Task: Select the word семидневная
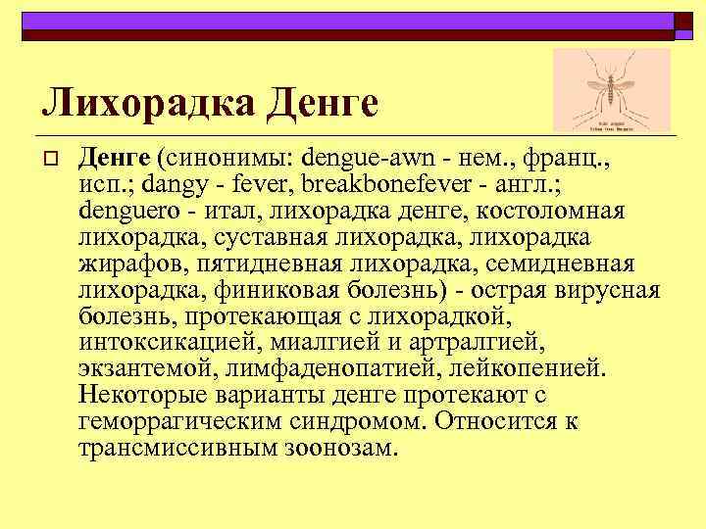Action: click(x=564, y=264)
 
